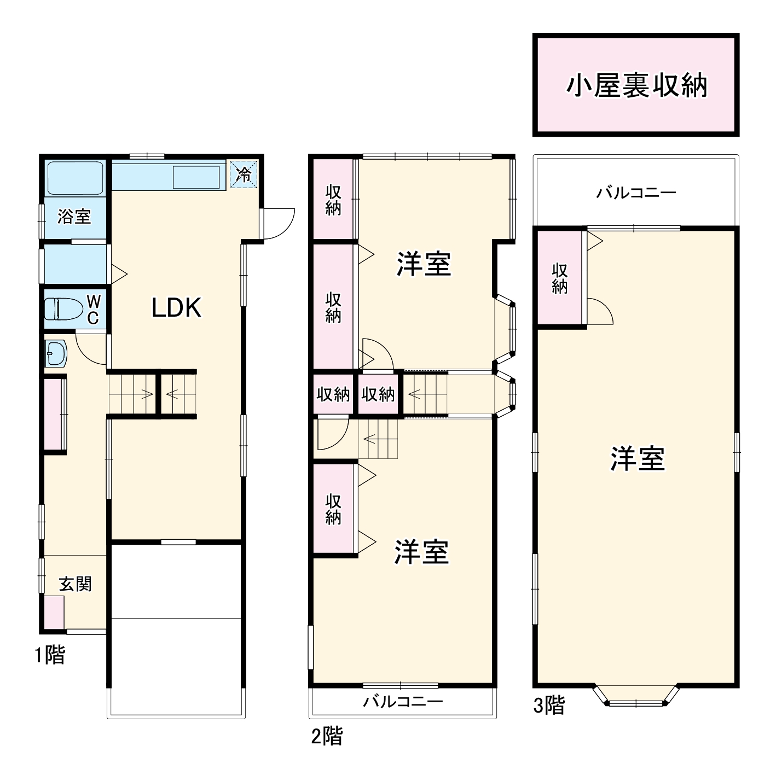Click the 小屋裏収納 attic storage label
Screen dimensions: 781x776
[x=636, y=86]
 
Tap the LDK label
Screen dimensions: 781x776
[x=176, y=308]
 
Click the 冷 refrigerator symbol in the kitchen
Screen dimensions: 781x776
[x=244, y=174]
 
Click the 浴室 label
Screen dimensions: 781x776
[x=74, y=217]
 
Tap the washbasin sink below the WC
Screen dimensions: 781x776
[x=56, y=354]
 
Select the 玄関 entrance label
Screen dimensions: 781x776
[x=75, y=584]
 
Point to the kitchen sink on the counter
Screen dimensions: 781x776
[x=196, y=178]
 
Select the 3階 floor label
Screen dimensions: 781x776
[x=548, y=705]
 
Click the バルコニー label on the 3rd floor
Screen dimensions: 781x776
[x=636, y=193]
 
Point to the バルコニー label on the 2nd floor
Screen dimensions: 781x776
[x=403, y=701]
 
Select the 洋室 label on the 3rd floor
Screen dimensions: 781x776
[x=638, y=458]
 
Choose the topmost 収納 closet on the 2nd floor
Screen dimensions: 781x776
[x=333, y=200]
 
